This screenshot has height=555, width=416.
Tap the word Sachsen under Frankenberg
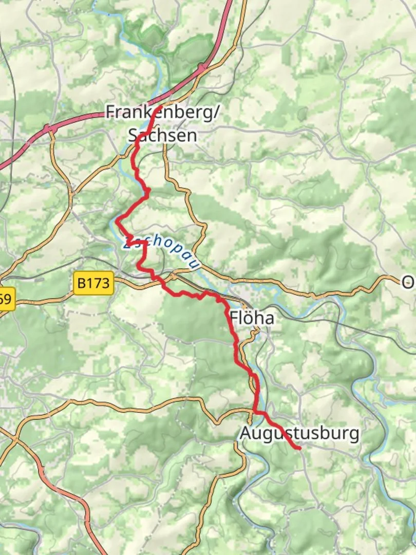pos(162,135)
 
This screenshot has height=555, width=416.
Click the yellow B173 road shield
pos(93,283)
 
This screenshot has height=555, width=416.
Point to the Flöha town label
pos(252,318)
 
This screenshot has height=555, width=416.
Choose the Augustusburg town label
pos(299,433)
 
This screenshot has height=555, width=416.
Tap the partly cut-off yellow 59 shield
pos(7,300)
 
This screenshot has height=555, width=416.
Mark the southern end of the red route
pos(299,449)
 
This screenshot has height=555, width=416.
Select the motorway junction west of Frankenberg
pos(47,128)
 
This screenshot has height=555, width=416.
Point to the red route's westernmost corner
pos(117,221)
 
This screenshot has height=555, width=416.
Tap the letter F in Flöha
pos(234,318)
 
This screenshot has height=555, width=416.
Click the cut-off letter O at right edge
pos(409,282)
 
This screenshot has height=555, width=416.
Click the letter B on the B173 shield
pos(82,283)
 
